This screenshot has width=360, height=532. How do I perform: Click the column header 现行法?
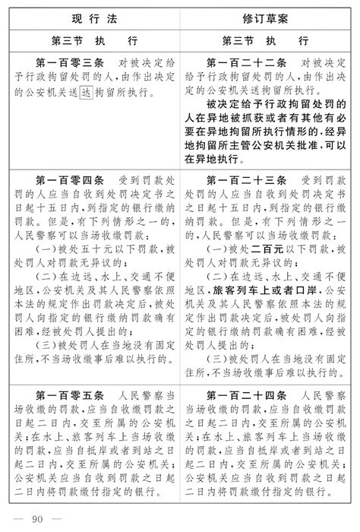click(x=90, y=16)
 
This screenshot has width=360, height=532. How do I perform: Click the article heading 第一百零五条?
click(x=71, y=396)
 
